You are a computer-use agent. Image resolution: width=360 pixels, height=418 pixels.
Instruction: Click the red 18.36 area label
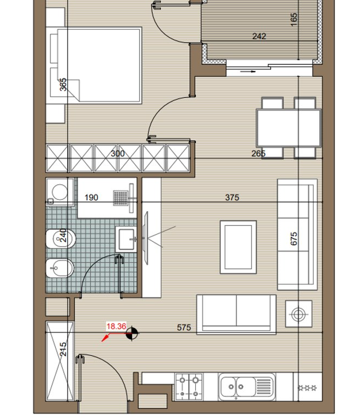click(x=116, y=326)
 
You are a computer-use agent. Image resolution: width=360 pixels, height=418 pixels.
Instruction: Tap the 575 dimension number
click(x=184, y=327)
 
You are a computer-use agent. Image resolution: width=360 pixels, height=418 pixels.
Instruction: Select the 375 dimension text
click(x=232, y=198)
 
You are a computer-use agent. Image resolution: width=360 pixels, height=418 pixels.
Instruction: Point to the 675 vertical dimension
click(x=293, y=238)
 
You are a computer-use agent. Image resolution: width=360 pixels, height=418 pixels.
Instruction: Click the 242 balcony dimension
click(x=259, y=36)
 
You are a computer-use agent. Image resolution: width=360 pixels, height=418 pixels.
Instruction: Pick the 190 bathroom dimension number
click(x=91, y=198)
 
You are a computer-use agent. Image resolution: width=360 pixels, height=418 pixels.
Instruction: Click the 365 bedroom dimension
click(x=63, y=85)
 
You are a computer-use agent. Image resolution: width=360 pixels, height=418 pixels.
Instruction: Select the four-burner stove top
click(x=189, y=386)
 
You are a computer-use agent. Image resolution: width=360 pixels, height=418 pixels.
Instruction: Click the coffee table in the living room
click(x=238, y=247)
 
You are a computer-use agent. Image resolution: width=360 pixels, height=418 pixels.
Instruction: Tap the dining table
click(x=289, y=128)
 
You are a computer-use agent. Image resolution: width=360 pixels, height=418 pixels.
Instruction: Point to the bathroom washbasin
click(x=126, y=240)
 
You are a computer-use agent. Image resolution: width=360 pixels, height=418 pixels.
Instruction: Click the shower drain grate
click(x=121, y=198)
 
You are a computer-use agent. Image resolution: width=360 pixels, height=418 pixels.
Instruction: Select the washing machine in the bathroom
click(x=60, y=192)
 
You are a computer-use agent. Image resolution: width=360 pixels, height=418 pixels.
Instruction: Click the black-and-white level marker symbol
click(x=131, y=333)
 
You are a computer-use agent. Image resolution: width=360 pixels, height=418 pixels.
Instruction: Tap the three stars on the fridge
click(x=307, y=387)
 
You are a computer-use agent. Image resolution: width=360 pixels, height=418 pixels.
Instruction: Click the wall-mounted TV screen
click(x=146, y=238)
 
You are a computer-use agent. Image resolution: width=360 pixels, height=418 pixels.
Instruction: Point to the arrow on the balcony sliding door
click(x=248, y=71)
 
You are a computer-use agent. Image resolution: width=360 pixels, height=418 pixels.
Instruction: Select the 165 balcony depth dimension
click(x=293, y=20)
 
